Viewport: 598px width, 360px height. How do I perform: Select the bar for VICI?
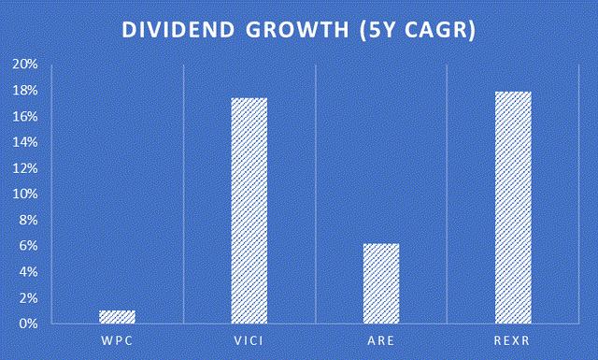pyautogui.click(x=249, y=210)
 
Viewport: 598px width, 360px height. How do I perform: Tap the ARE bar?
pyautogui.click(x=381, y=283)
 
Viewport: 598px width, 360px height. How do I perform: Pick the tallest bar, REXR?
pyautogui.click(x=513, y=207)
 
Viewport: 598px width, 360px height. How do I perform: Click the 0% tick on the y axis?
pyautogui.click(x=28, y=324)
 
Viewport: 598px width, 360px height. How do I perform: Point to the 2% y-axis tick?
pyautogui.click(x=28, y=297)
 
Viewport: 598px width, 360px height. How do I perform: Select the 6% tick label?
pyautogui.click(x=28, y=246)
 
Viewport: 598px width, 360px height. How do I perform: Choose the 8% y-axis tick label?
pyautogui.click(x=28, y=220)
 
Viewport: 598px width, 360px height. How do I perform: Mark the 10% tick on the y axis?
pyautogui.click(x=25, y=194)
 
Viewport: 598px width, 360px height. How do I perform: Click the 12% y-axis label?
pyautogui.click(x=25, y=168)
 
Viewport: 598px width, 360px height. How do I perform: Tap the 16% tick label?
pyautogui.click(x=25, y=116)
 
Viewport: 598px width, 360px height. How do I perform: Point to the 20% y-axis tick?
pyautogui.click(x=25, y=65)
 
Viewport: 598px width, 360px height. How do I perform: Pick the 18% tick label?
pyautogui.click(x=25, y=91)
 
